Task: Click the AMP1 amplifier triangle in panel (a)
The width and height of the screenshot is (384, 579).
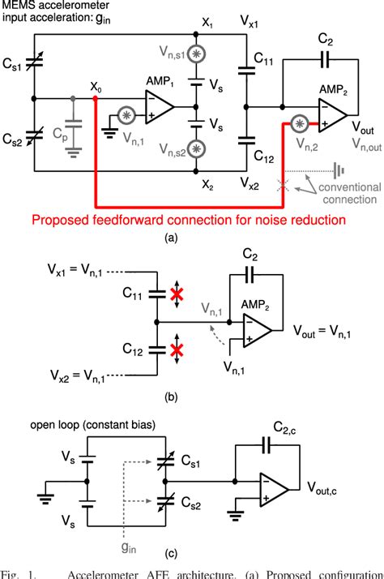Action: click(158, 105)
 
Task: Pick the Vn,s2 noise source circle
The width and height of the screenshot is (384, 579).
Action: click(195, 151)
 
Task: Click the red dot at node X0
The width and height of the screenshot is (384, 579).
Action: click(96, 99)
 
